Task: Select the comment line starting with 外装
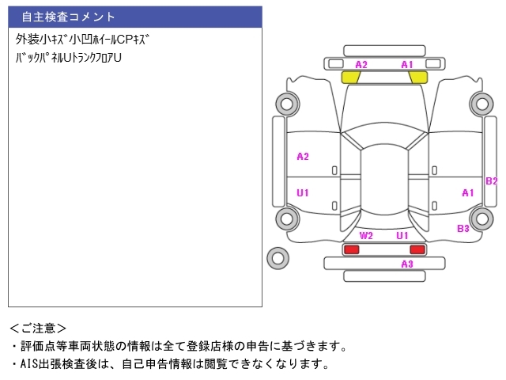click(83, 39)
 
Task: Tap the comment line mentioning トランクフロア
click(69, 58)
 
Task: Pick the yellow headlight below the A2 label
click(351, 77)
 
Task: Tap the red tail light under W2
click(351, 249)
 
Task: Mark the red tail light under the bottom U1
click(417, 249)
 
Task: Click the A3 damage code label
click(406, 264)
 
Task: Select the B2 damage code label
click(491, 180)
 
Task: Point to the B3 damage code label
click(463, 228)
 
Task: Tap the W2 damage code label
click(366, 236)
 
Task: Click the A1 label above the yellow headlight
click(407, 64)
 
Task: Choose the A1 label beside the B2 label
click(467, 192)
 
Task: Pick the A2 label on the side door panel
click(303, 156)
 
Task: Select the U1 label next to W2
click(402, 236)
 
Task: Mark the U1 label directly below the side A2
click(303, 192)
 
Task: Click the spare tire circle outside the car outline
click(278, 257)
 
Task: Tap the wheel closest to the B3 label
click(481, 218)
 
